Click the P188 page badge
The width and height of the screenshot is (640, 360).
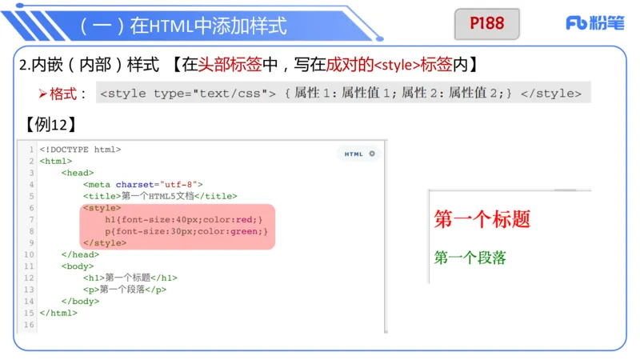487,24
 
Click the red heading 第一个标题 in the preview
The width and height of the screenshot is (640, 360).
482,219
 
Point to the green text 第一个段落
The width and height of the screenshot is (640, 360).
470,258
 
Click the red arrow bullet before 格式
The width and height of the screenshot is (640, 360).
44,94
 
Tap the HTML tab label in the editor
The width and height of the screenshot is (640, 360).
354,154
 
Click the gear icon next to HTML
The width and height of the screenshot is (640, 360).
371,154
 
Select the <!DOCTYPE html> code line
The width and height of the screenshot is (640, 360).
80,149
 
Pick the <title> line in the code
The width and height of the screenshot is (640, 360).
160,196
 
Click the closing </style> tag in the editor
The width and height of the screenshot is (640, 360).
104,242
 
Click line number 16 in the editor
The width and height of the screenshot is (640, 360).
30,325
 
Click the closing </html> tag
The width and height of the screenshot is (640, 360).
58,313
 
